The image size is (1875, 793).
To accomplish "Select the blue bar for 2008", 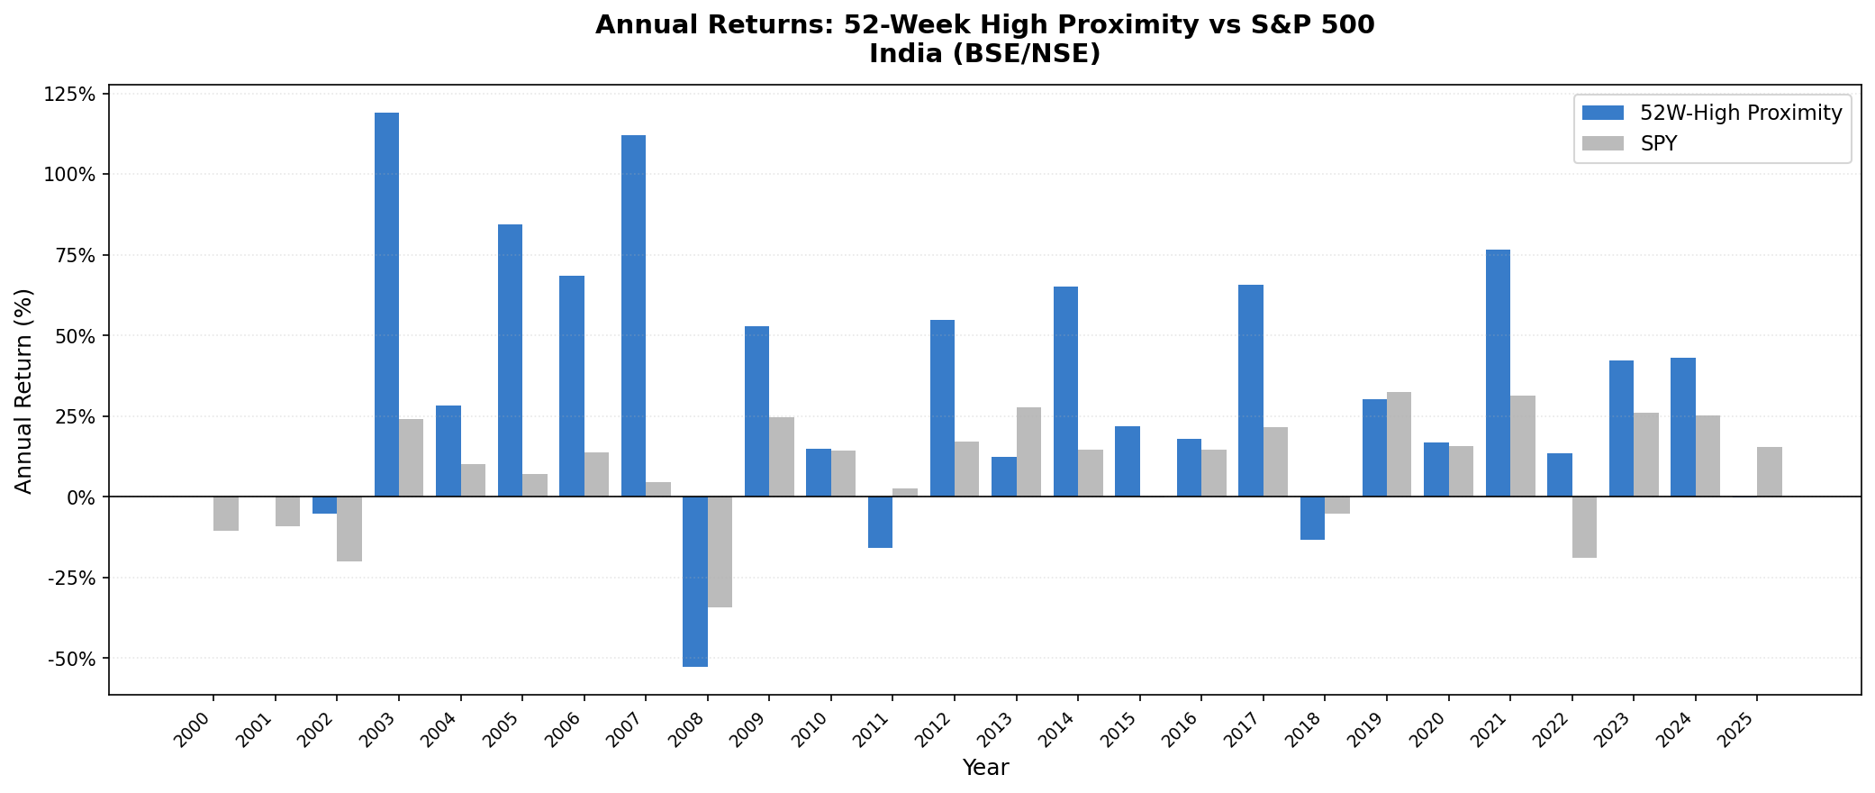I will [694, 581].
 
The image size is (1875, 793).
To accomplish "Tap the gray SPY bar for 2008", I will [720, 551].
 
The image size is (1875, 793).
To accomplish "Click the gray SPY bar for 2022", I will [1584, 527].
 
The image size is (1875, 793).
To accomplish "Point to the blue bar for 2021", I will [1498, 373].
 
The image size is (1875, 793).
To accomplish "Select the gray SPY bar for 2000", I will [226, 514].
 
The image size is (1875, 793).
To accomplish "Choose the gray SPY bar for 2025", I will [1769, 471].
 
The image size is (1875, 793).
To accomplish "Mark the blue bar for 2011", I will [880, 522].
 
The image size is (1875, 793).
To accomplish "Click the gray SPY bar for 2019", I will [1399, 444].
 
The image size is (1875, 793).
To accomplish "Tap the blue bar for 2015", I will [1127, 461].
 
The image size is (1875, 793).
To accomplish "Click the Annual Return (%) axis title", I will [23, 390].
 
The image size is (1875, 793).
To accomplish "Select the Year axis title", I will [984, 768].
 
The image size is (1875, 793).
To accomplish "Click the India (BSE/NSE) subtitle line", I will [984, 54].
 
